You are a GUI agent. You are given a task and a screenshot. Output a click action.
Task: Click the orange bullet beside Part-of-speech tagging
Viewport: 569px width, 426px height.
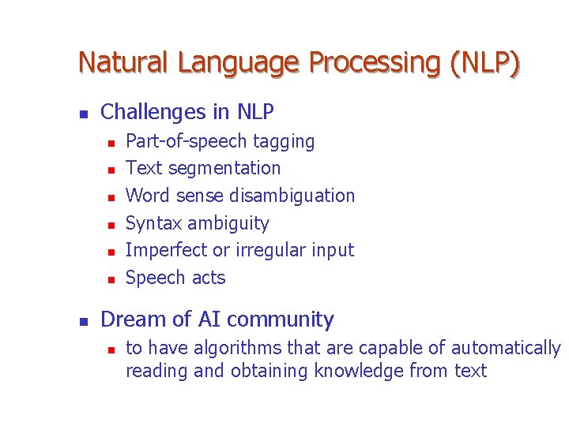(111, 143)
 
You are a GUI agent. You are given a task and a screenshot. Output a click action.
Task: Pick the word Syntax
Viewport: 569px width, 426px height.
(154, 223)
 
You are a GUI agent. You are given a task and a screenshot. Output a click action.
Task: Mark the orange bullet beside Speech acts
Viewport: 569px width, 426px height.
(111, 279)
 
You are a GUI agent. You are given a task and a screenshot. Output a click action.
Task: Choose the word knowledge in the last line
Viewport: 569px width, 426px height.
(360, 371)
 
